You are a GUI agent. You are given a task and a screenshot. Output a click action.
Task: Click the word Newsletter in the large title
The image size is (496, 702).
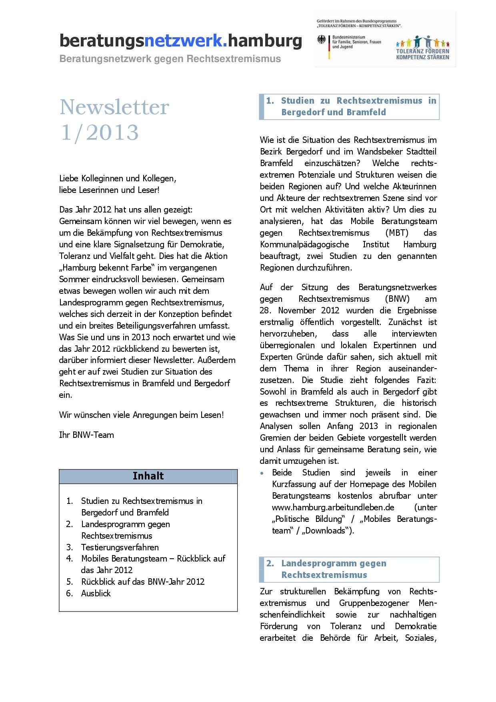(x=114, y=107)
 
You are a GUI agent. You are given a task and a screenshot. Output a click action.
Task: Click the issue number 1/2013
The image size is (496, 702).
(x=99, y=132)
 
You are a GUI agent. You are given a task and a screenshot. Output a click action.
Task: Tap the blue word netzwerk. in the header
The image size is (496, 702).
(x=187, y=41)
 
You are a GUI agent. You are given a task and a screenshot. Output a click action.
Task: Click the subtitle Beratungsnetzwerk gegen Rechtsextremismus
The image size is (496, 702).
(x=170, y=59)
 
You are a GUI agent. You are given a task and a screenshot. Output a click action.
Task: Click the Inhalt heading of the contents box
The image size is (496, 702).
(x=148, y=476)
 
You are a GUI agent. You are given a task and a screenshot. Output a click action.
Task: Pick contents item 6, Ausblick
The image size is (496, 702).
(x=96, y=593)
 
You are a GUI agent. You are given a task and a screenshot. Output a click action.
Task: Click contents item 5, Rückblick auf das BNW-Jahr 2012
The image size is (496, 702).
(x=142, y=582)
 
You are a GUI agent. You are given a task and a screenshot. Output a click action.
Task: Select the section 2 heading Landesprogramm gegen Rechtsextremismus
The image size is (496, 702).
(x=334, y=569)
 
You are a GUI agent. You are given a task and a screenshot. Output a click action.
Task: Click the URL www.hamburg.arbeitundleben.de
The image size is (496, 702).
(x=333, y=507)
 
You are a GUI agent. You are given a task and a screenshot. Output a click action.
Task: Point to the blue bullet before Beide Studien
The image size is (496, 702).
(x=262, y=473)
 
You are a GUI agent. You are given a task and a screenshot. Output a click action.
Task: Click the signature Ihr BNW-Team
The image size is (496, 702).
(x=86, y=435)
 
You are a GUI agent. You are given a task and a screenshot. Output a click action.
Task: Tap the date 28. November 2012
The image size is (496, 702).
(x=299, y=311)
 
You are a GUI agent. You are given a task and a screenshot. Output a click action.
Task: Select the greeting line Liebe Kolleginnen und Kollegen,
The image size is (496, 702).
(x=118, y=178)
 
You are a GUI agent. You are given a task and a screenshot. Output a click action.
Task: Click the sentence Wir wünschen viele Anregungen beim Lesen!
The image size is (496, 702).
(x=141, y=415)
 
